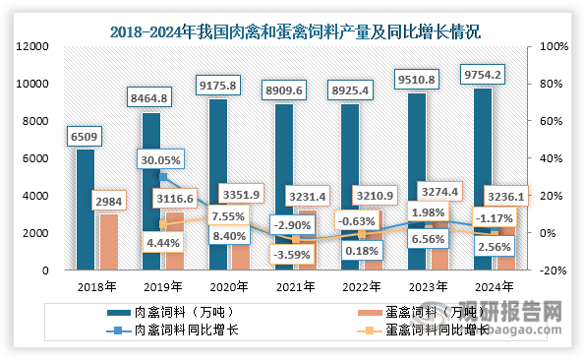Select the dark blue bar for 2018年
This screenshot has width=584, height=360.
coord(86,209)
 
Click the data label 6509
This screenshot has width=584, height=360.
coord(86,135)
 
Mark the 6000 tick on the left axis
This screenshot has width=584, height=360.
coord(37,158)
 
